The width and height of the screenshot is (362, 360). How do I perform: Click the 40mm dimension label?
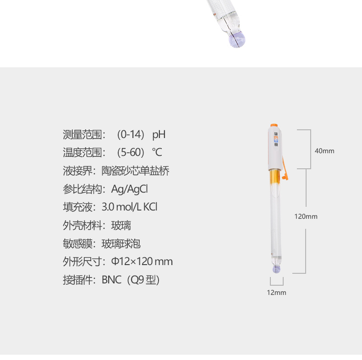[324, 151]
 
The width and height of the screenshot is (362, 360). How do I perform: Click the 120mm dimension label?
[306, 216]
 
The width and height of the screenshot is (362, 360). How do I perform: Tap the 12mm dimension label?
[276, 292]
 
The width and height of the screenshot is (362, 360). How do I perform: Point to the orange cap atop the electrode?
[274, 124]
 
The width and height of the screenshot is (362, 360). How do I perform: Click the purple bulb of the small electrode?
[276, 270]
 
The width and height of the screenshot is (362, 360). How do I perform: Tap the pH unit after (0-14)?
[159, 135]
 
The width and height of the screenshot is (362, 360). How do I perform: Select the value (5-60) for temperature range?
[131, 153]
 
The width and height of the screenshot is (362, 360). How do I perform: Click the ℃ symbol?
[157, 153]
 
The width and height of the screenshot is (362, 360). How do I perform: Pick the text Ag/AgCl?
[130, 189]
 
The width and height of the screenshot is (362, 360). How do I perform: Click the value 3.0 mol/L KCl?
[130, 207]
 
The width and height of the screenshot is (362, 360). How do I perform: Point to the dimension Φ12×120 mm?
[142, 261]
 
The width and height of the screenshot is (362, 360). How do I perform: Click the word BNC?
[111, 280]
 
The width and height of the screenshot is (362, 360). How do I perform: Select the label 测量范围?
[81, 135]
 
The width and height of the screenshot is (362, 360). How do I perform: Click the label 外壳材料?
[81, 225]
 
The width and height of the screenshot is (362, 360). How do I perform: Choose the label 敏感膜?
[76, 244]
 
